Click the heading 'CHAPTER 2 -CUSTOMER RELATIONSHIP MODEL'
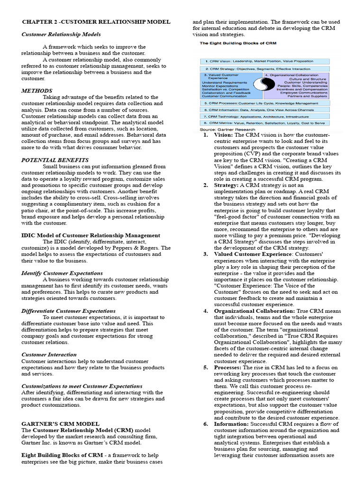point(96,22)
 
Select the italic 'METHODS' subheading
point(37,90)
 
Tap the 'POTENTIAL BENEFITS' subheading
point(55,160)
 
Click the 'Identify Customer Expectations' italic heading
point(62,273)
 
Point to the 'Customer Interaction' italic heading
point(49,354)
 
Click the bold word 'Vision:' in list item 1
point(223,135)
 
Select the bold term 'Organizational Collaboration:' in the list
point(255,311)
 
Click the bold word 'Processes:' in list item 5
point(228,367)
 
